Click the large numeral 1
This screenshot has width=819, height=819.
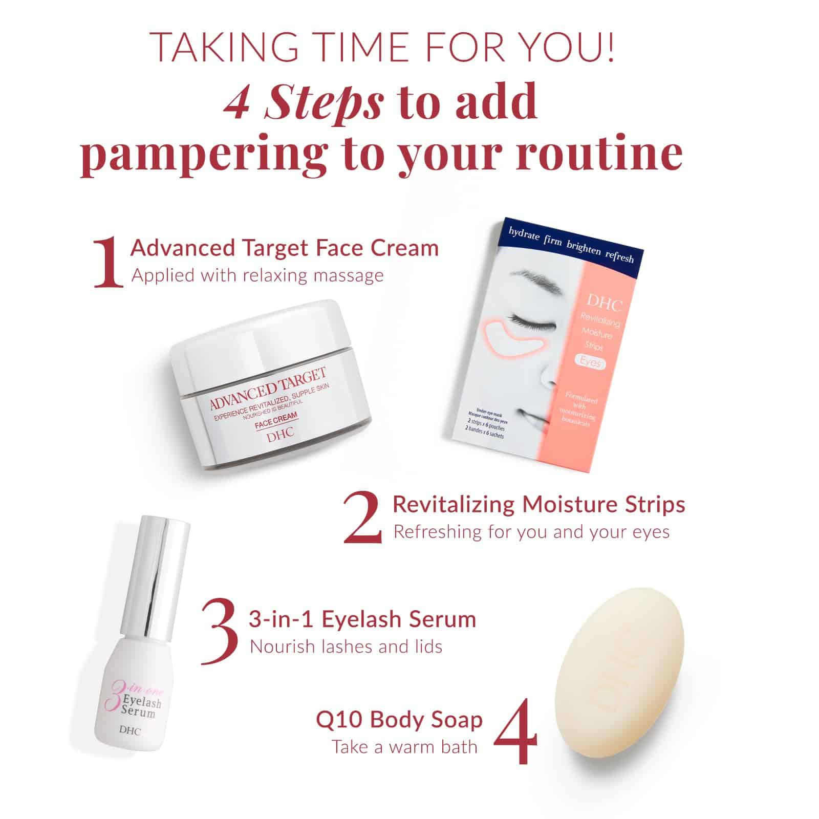point(109,262)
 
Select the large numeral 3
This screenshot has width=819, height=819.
point(220,633)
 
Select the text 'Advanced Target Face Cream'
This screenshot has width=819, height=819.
point(285,248)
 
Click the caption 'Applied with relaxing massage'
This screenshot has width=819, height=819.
point(257,276)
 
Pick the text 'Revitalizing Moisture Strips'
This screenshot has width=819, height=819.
point(538,505)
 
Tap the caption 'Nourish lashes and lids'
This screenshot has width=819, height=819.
point(346,646)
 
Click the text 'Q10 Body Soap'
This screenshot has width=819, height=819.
point(399,720)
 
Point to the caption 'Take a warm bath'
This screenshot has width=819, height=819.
point(404,747)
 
